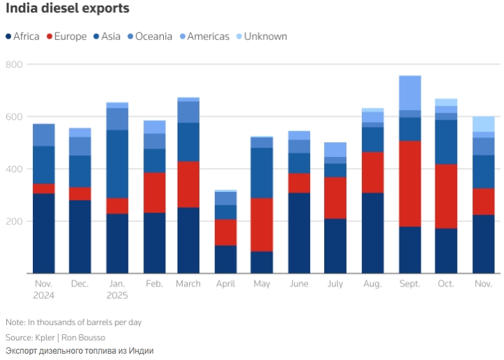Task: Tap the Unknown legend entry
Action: [x=265, y=36]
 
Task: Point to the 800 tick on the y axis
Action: [x=14, y=64]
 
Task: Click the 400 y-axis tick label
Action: [x=14, y=169]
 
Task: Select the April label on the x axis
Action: [x=225, y=284]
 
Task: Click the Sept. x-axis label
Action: [x=409, y=284]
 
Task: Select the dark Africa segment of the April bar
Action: [x=225, y=259]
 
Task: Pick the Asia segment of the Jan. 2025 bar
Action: [x=116, y=164]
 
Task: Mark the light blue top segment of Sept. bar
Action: [x=409, y=92]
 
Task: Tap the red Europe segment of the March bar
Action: [x=188, y=184]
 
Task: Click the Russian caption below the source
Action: [x=79, y=350]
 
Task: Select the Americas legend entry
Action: [x=209, y=36]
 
